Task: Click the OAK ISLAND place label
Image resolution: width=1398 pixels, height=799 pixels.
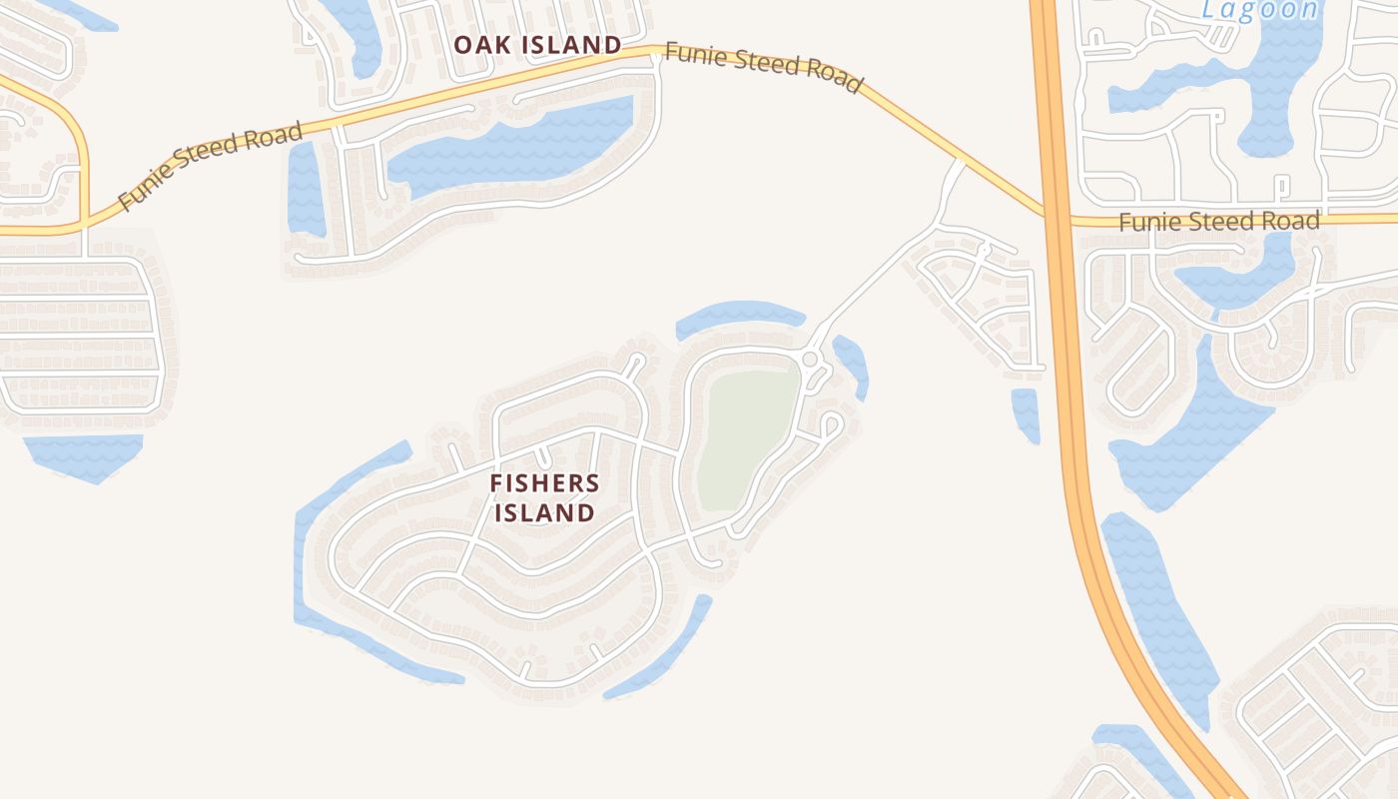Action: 537,45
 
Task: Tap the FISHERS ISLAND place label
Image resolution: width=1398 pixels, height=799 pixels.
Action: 545,498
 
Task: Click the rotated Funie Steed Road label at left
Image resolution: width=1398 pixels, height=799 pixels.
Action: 211,167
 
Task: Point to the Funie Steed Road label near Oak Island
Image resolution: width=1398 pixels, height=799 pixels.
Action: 763,67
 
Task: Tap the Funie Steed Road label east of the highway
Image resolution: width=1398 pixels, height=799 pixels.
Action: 1218,221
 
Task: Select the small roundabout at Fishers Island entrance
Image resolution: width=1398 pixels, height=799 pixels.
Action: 811,359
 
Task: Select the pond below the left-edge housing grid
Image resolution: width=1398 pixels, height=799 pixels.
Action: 85,454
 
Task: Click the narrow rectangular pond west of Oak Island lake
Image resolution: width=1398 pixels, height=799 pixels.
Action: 305,190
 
